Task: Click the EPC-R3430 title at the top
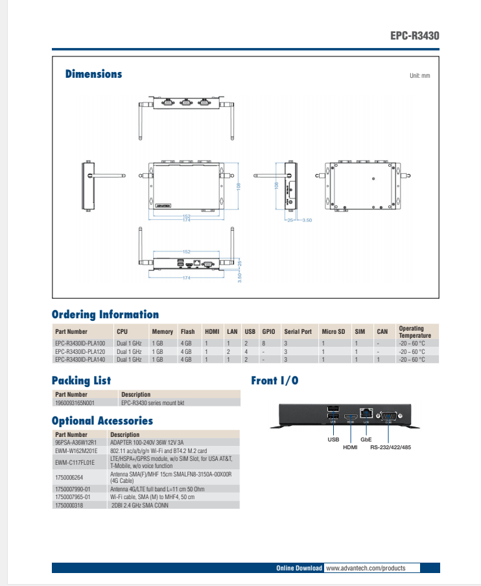(x=414, y=36)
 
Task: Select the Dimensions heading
(x=93, y=74)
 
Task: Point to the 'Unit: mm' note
(x=419, y=76)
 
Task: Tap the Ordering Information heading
(x=105, y=314)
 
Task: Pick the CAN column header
(x=382, y=332)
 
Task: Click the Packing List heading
(x=81, y=381)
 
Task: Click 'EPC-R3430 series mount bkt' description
(x=152, y=403)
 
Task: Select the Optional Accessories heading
(x=102, y=421)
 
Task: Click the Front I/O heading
(x=275, y=381)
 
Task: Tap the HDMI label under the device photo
(x=350, y=447)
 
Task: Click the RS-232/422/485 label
(x=390, y=447)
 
